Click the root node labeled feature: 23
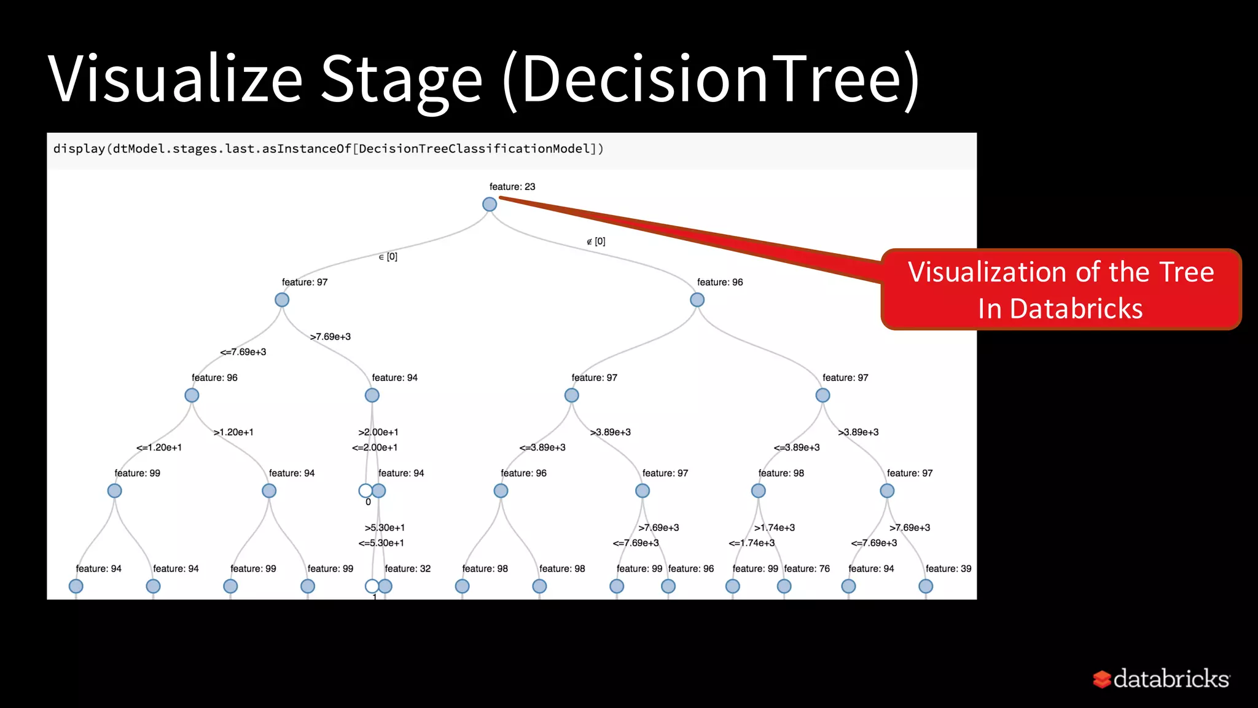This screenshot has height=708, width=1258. point(489,204)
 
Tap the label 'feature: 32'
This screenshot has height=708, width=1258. point(407,568)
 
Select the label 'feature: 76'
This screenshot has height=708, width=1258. point(807,568)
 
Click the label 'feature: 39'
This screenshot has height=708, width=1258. point(948,568)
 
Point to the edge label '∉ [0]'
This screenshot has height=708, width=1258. point(596,242)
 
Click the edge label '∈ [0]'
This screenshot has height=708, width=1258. point(388,257)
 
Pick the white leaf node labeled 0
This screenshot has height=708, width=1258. point(365,490)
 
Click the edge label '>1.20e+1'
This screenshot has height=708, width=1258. point(233,432)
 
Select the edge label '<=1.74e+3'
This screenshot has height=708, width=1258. point(751,543)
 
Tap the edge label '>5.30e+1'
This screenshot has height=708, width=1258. point(385,527)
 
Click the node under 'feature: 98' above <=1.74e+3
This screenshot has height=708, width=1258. point(758,490)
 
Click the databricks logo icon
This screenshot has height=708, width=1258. point(1102,679)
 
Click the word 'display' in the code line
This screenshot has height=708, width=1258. point(79,149)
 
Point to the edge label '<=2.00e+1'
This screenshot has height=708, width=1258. point(375,447)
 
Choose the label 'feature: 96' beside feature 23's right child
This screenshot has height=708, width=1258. point(720,282)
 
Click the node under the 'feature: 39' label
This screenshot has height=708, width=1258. point(925,586)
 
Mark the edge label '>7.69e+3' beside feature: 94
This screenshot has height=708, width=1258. point(330,337)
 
